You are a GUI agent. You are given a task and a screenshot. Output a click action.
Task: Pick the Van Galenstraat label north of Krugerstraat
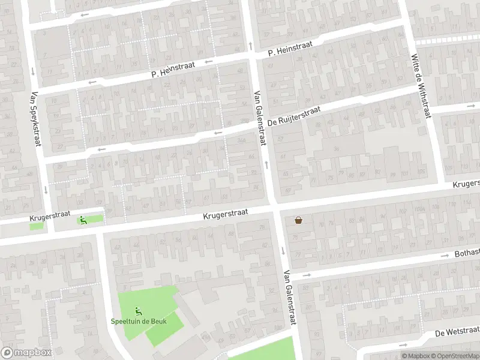coord(260,118)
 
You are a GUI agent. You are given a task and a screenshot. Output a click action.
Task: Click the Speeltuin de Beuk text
coord(139,321)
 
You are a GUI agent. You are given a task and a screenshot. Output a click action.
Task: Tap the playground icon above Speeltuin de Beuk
coord(139,310)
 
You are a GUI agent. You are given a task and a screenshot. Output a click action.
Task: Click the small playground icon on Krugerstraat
coord(82,220)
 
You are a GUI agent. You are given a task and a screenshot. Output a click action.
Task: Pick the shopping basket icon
coord(298,220)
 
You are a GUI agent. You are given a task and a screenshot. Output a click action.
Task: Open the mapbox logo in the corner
coord(26,353)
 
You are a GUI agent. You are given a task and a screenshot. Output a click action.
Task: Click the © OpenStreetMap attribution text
coord(456,356)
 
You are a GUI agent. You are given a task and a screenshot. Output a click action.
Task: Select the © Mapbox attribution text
coord(416,356)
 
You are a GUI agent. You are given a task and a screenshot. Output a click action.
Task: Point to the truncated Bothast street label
coord(467,254)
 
